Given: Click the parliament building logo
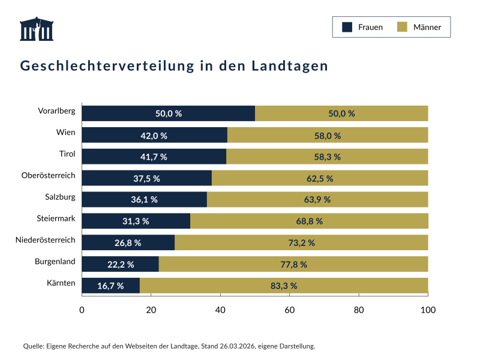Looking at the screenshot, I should coord(37,29).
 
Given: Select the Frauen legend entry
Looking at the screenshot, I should coord(362,27).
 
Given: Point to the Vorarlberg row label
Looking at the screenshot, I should coord(56,111).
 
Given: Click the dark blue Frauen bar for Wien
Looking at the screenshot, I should coord(154,135).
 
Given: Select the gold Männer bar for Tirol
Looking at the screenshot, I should coord(327,157).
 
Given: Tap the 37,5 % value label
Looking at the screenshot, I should coord(146,178).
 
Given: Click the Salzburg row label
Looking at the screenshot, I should coord(60,197).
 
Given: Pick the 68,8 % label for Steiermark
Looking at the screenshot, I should coord(309,221).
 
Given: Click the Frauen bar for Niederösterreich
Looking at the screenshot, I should coord(128,242).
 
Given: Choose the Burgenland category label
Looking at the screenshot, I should coord(55,262).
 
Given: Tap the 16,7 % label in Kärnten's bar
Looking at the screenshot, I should coord(110,286).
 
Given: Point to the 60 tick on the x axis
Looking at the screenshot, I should coord(289,310).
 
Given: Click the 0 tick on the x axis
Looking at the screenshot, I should coord(82,310).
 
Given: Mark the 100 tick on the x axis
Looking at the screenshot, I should coord(428,310).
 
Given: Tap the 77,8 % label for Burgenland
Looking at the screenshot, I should coord(293,264).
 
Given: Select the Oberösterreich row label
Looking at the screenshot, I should coord(48,175).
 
